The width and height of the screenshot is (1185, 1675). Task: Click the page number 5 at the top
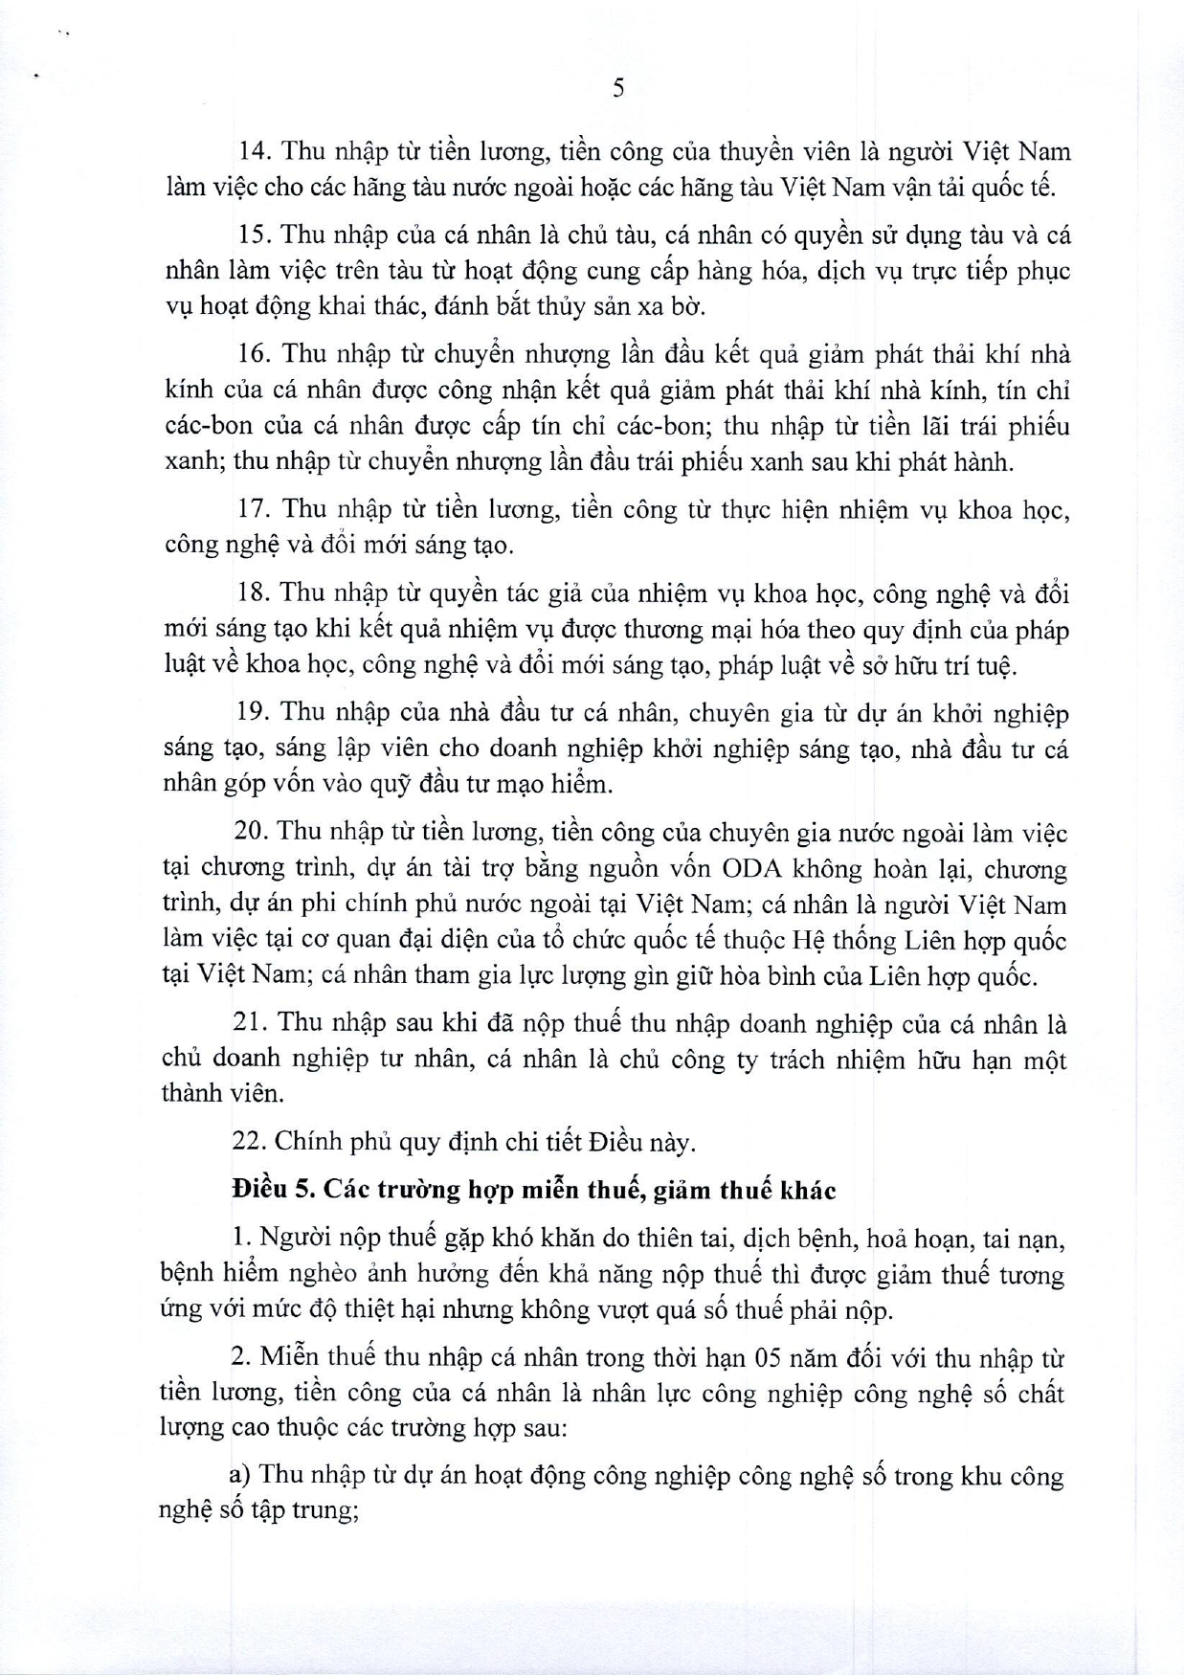point(617,89)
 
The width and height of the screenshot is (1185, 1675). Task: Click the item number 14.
point(254,151)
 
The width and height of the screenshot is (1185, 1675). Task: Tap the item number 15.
point(254,235)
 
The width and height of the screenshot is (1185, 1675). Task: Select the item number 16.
point(253,354)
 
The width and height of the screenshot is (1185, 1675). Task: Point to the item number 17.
point(253,509)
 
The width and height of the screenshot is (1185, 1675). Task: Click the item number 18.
point(253,593)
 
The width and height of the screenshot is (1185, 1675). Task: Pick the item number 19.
point(253,712)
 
